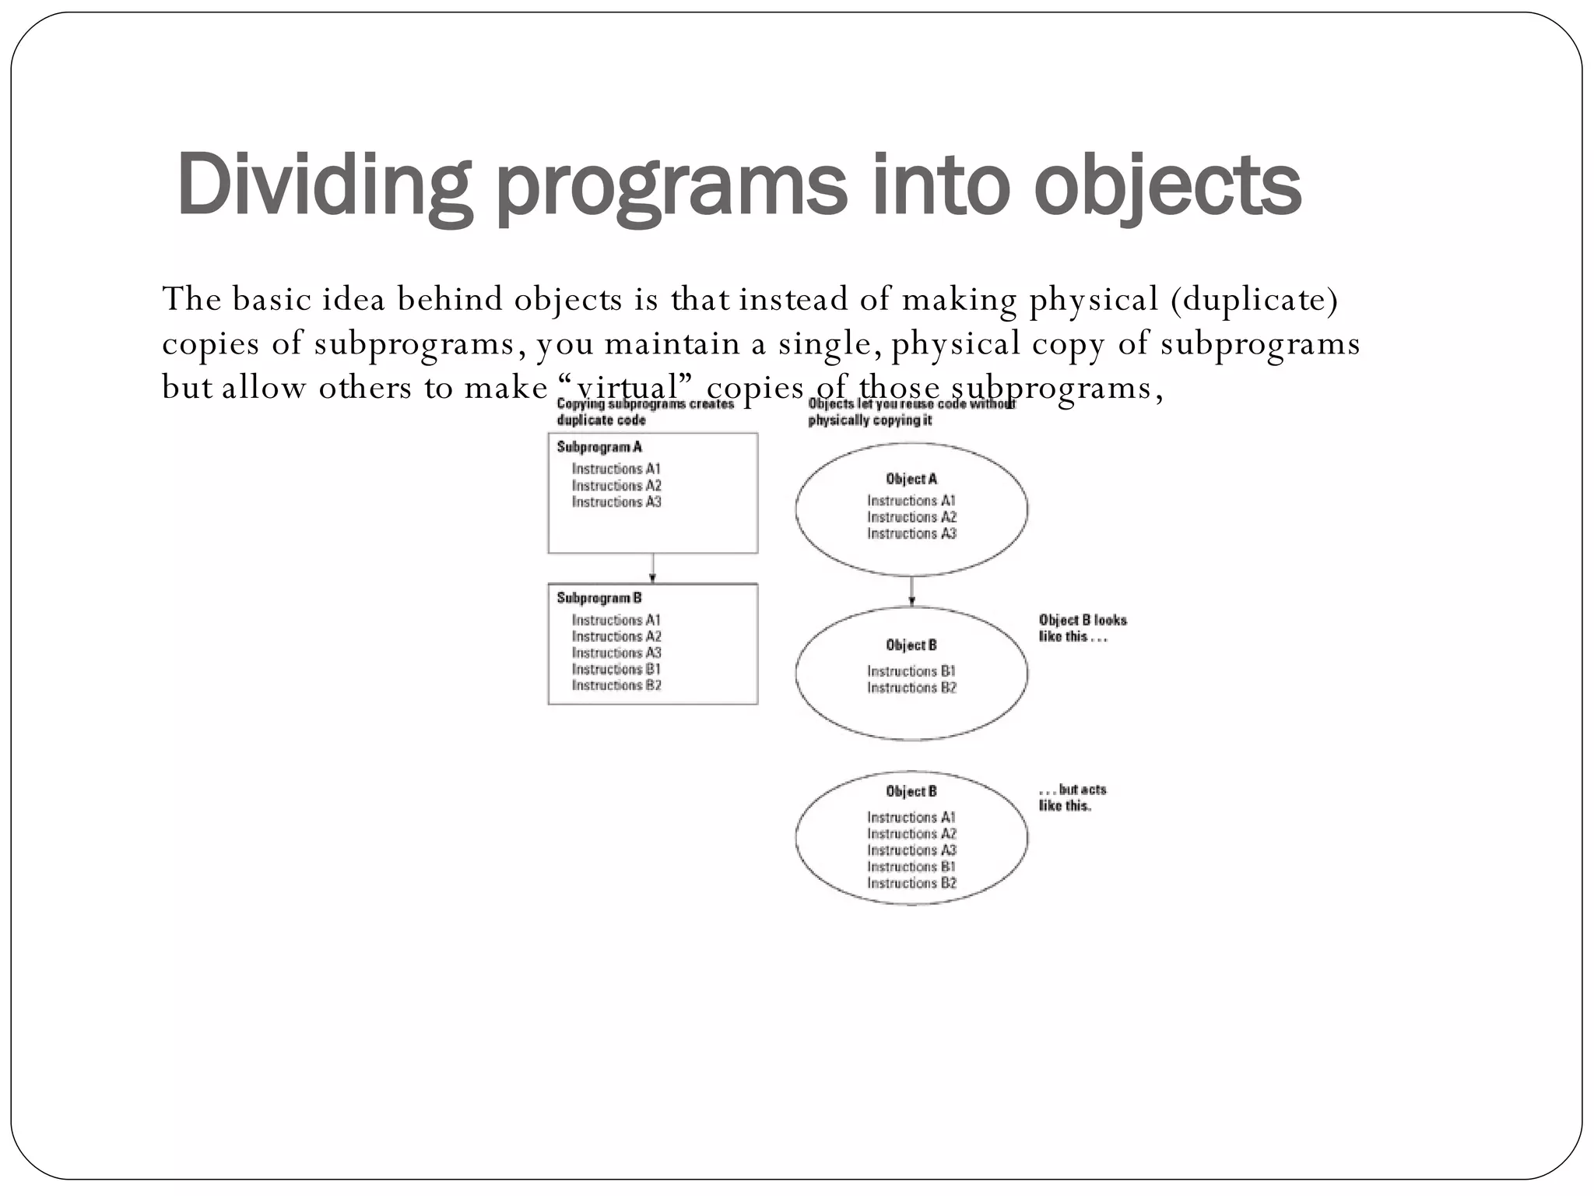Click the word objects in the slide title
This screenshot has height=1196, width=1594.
1167,185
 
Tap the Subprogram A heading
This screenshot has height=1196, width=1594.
599,447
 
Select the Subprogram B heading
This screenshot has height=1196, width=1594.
599,598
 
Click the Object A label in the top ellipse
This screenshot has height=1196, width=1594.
911,479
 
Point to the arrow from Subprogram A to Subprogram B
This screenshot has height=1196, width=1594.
653,568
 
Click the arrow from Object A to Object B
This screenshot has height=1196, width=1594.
911,592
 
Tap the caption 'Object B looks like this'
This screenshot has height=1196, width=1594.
1082,628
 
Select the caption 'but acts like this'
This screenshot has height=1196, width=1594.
1072,797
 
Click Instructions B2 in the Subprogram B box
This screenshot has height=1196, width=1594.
616,685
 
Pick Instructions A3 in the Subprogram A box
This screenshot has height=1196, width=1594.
616,502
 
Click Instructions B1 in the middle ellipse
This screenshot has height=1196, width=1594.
911,671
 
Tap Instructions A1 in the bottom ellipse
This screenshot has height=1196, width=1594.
911,817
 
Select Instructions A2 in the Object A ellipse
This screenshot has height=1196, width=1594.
911,517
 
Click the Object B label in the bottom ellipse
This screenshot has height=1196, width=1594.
911,791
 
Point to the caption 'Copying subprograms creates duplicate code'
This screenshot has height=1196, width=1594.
644,412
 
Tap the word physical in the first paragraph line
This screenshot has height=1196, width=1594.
1094,299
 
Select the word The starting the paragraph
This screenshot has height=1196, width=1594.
191,299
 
